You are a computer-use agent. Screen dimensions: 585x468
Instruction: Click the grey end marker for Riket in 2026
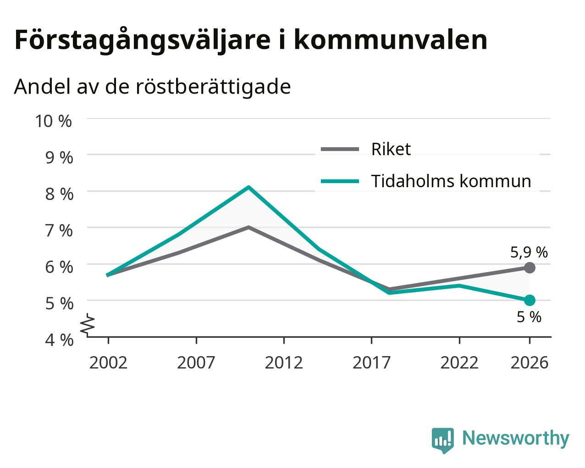click(x=530, y=268)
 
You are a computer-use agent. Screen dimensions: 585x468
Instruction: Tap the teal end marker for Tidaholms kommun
click(x=530, y=301)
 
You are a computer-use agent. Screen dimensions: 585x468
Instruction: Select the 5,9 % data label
click(x=529, y=252)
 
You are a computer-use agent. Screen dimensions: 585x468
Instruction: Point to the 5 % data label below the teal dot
click(x=529, y=317)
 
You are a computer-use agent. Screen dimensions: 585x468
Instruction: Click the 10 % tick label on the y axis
click(x=54, y=121)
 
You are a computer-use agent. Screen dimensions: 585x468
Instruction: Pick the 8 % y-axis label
click(x=59, y=194)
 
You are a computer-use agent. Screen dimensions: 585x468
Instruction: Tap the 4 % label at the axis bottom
click(x=59, y=340)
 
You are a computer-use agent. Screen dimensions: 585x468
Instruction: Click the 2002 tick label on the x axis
click(x=108, y=362)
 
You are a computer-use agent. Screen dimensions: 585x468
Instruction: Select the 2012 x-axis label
click(x=284, y=362)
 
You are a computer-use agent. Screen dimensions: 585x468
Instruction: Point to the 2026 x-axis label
click(x=530, y=362)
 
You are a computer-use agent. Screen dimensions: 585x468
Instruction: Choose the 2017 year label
click(x=372, y=362)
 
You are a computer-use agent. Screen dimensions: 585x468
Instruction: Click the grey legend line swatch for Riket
click(x=340, y=149)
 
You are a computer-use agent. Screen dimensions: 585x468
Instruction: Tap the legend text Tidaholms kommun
click(x=451, y=181)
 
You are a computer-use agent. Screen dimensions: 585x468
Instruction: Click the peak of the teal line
click(x=248, y=187)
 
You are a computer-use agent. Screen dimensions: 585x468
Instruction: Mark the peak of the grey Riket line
click(x=248, y=227)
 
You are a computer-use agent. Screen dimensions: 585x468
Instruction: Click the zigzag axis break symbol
click(x=88, y=324)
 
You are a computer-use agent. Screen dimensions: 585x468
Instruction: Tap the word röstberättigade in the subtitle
click(x=213, y=87)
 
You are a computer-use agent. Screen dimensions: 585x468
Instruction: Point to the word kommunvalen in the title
click(x=391, y=40)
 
